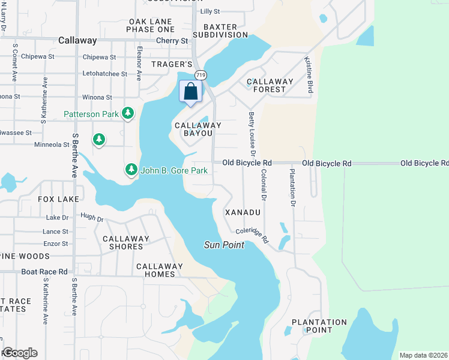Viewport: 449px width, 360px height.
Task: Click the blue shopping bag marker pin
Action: click(191, 92)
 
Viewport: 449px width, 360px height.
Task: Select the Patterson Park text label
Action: click(91, 114)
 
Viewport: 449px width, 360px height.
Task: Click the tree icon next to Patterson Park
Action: click(127, 113)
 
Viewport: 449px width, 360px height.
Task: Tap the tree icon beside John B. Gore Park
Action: click(131, 170)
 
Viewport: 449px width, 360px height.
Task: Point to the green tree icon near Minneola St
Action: click(99, 140)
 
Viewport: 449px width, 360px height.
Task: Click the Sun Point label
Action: click(224, 245)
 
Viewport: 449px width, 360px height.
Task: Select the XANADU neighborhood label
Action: click(243, 212)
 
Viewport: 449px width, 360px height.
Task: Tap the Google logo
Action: click(19, 353)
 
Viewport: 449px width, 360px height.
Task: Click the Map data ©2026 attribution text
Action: click(423, 355)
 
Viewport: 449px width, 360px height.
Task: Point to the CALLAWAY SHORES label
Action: click(125, 242)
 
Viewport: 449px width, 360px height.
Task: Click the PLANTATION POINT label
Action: click(319, 326)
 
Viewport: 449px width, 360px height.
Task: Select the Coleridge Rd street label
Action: click(252, 234)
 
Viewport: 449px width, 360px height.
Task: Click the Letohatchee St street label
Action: click(104, 74)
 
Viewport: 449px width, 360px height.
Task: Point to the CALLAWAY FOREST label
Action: click(270, 85)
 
